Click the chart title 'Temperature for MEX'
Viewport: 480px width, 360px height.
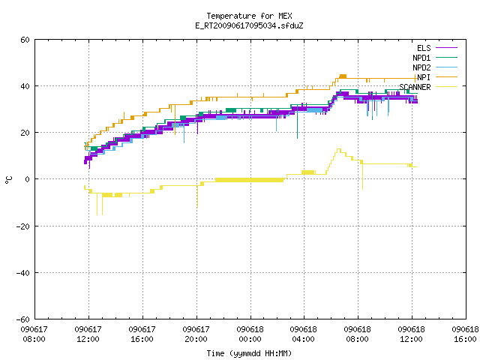249,16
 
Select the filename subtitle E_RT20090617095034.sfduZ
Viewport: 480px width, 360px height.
249,25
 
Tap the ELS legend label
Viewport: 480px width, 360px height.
424,48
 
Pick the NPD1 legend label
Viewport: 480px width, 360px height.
421,58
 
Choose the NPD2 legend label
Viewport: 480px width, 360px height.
421,67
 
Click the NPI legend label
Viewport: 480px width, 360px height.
424,77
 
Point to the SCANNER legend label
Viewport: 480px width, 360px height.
415,87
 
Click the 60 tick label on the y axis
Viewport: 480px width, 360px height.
25,40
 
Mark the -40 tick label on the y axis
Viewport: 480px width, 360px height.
22,273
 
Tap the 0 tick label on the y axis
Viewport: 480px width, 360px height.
27,179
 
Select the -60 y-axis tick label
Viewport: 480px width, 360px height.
22,319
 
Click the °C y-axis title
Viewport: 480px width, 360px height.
8,180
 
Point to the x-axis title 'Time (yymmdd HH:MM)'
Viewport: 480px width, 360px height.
249,353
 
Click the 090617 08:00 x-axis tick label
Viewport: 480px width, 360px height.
34,334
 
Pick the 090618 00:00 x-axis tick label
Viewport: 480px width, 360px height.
250,334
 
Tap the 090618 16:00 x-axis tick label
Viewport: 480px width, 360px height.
465,334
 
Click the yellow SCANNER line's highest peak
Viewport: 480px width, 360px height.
338,149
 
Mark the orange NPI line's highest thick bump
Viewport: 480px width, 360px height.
343,76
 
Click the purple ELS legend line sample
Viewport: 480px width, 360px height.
447,48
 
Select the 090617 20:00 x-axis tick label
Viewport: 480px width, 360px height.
196,334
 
